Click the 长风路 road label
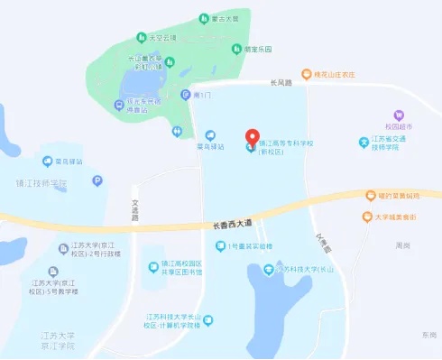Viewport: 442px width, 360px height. (x=281, y=83)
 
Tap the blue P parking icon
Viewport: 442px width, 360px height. (x=97, y=180)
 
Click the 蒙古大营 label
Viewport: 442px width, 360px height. (x=221, y=17)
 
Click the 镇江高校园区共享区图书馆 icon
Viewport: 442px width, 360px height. (x=153, y=267)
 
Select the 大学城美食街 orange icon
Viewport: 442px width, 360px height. (x=366, y=217)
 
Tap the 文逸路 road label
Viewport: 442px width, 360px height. (x=136, y=210)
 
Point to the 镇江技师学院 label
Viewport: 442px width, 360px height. (x=41, y=183)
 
